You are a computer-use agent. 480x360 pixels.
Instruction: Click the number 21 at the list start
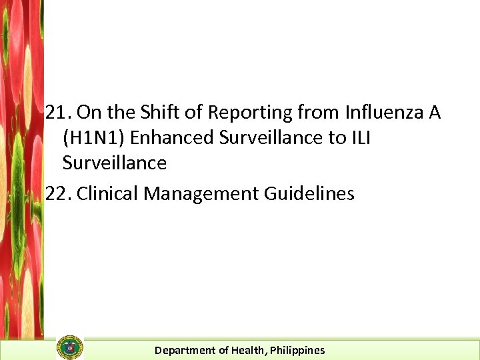(57, 113)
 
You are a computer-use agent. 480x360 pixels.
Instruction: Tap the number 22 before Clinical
(57, 194)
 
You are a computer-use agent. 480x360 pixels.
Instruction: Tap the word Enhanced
(168, 138)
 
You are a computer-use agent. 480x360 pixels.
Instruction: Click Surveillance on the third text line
(114, 163)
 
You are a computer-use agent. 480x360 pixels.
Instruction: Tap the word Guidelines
(309, 194)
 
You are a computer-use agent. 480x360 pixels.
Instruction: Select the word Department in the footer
(181, 350)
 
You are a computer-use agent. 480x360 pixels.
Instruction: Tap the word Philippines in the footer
(297, 350)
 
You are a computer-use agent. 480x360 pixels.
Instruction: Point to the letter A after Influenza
(435, 113)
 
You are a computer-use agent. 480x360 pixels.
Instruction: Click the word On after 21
(87, 113)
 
